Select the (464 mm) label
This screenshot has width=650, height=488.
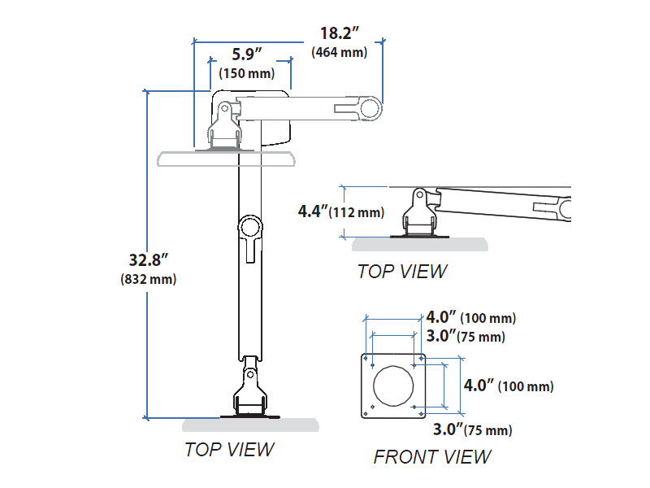tap(340, 53)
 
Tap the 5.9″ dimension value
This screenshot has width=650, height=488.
tap(247, 54)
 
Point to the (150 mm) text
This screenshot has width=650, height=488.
tap(248, 74)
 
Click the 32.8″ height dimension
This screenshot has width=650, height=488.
tap(148, 261)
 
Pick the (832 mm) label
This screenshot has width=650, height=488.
tap(148, 279)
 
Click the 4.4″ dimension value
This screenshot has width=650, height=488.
tap(313, 212)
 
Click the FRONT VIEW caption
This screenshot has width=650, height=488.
tap(431, 457)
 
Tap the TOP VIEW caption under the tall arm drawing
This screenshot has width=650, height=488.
tap(228, 449)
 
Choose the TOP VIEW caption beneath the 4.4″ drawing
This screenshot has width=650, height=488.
tap(401, 271)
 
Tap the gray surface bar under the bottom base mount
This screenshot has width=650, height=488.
tap(250, 425)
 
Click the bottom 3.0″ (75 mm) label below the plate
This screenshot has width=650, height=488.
tap(472, 429)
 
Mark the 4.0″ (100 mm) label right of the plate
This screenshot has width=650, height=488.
tap(508, 386)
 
